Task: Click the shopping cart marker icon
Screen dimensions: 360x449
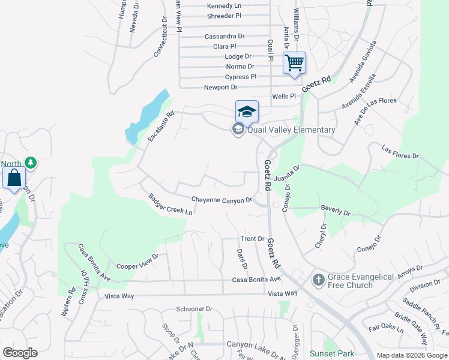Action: point(294,62)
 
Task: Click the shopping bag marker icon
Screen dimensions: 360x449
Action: point(14,178)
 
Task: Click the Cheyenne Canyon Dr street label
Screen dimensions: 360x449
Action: point(221,200)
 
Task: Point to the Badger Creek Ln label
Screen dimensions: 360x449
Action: point(171,205)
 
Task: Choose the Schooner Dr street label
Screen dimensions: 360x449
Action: point(194,309)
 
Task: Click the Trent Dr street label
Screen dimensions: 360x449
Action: point(252,239)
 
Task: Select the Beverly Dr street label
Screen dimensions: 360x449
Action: point(336,211)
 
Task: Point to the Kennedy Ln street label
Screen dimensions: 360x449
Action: point(224,6)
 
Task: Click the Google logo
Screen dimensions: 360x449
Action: point(20,353)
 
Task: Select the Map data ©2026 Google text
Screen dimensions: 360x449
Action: point(412,355)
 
